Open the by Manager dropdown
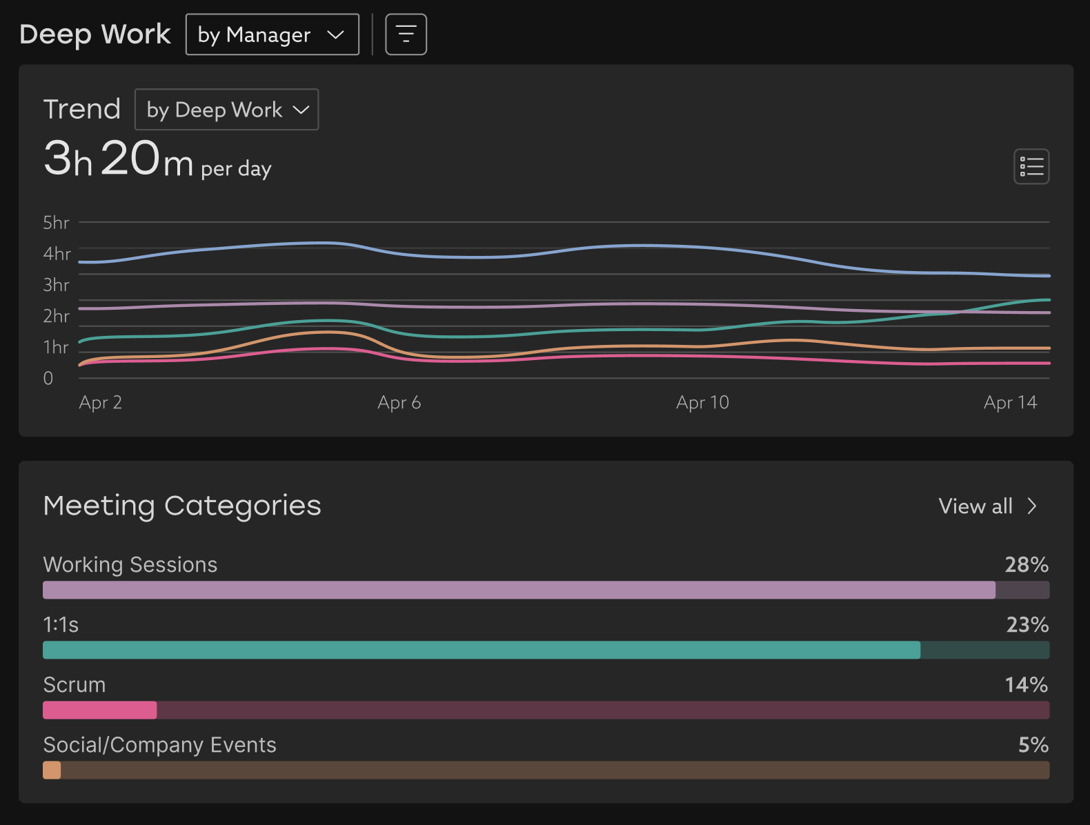(x=272, y=34)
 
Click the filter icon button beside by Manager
(x=406, y=34)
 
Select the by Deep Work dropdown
(x=226, y=110)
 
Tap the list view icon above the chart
(x=1031, y=166)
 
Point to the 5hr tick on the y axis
(x=56, y=223)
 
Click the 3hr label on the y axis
(x=56, y=285)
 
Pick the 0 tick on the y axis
(x=48, y=378)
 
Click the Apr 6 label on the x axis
(x=399, y=403)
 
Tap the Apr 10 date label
(x=702, y=403)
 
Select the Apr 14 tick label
(x=1010, y=403)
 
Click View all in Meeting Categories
(x=987, y=506)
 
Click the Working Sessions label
(x=130, y=565)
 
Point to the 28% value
(x=1026, y=565)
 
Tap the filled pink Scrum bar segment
(x=100, y=710)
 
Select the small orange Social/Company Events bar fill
(x=52, y=770)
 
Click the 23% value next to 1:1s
(x=1027, y=625)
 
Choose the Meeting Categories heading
(x=182, y=506)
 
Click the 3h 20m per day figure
(x=157, y=160)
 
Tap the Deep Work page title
(x=95, y=34)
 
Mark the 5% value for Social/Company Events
(x=1033, y=745)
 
